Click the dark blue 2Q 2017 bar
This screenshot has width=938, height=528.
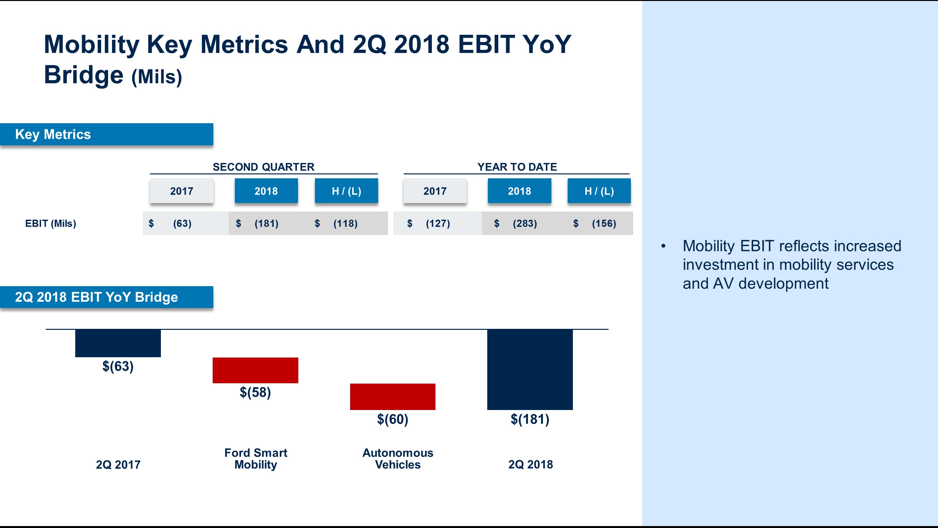pos(118,343)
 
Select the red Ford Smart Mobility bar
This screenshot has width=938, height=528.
pos(255,370)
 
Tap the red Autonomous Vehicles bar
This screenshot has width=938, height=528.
pos(392,396)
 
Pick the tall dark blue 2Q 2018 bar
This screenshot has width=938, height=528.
pos(530,369)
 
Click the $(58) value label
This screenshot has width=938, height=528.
pos(255,392)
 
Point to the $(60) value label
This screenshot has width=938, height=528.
pos(392,419)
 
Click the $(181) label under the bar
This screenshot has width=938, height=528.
pos(530,419)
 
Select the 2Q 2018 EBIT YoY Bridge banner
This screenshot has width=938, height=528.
pos(106,297)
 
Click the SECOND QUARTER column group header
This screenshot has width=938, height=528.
pos(263,167)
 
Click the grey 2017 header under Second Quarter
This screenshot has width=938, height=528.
pos(181,191)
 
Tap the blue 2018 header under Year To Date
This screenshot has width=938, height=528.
pos(519,191)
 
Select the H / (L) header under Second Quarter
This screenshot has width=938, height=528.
pos(346,191)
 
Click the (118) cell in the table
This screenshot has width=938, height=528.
pos(345,223)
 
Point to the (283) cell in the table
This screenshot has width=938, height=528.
pos(524,223)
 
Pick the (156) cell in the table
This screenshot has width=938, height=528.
pos(604,223)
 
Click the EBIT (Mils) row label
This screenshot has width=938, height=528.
pos(50,223)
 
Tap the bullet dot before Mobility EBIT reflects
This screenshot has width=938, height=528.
pos(663,246)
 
